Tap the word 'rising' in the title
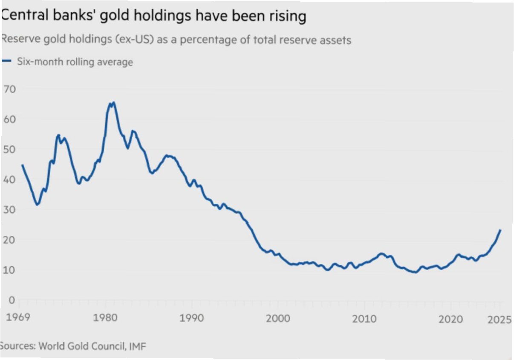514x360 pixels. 285,16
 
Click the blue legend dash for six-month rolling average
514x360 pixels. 6,62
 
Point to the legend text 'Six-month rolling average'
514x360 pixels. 75,62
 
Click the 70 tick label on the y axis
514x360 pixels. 9,89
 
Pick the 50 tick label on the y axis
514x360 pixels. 9,149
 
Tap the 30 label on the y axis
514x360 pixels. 9,210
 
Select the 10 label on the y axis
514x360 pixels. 9,270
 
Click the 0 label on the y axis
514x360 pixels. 12,300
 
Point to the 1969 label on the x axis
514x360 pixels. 18,319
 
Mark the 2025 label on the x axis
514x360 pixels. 499,320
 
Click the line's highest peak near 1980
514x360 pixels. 113,103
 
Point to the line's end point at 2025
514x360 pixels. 500,230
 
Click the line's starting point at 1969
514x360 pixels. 22,165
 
